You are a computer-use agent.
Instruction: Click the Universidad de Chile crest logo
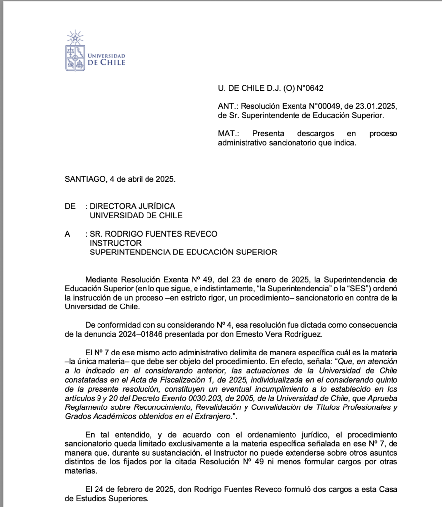pos(75,51)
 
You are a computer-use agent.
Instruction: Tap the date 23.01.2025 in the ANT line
pos(377,106)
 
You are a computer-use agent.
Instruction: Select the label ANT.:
pos(229,106)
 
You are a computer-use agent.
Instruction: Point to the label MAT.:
pos(229,134)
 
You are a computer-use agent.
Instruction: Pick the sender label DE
pos(70,206)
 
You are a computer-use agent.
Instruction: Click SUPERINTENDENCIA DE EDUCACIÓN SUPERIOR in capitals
pos(183,252)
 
